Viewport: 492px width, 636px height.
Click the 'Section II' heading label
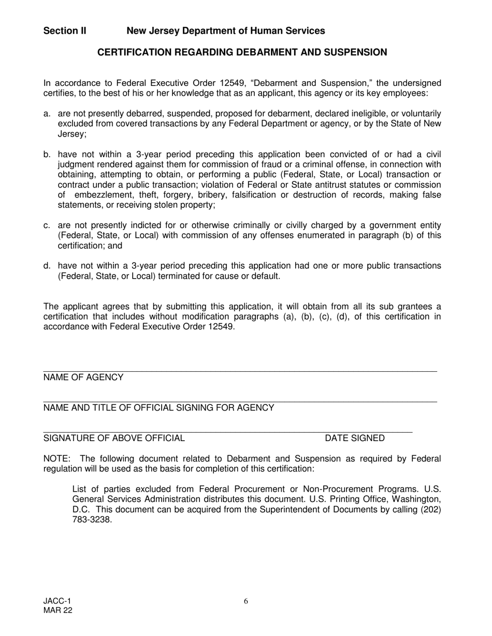(65, 31)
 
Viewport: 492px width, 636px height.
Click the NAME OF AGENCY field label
(83, 377)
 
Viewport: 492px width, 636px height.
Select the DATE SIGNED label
(355, 438)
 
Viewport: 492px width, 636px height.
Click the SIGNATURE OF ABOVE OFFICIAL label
(114, 438)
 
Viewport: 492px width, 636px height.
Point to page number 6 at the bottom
(246, 601)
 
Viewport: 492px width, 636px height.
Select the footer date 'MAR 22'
(58, 611)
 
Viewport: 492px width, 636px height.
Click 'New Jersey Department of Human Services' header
(226, 31)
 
